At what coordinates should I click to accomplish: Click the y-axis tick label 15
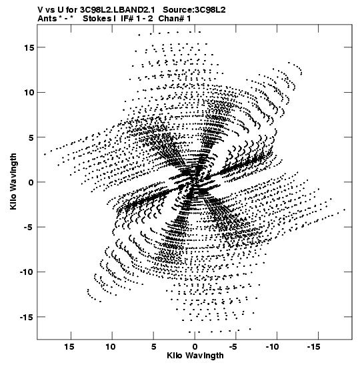[x=29, y=47]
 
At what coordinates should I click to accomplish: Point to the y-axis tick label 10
[x=29, y=92]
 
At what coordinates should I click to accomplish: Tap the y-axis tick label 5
[x=31, y=137]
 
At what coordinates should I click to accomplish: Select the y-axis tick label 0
[x=31, y=182]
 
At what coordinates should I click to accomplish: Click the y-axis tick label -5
[x=29, y=227]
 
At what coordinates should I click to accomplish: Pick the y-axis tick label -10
[x=27, y=272]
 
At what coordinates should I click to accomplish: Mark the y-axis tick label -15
[x=27, y=317]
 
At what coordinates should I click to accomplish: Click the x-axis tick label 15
[x=69, y=347]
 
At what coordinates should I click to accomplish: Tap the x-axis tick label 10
[x=111, y=347]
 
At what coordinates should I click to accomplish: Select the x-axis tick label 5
[x=153, y=347]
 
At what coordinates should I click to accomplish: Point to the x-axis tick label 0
[x=195, y=347]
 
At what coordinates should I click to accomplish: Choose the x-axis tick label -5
[x=233, y=347]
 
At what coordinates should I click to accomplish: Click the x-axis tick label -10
[x=273, y=347]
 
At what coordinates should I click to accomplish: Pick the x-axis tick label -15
[x=314, y=347]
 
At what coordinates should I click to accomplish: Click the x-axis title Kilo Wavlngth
[x=195, y=356]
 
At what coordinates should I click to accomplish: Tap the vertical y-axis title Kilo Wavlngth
[x=13, y=181]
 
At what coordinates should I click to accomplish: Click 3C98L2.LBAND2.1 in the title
[x=117, y=10]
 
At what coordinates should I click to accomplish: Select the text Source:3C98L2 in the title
[x=194, y=10]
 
